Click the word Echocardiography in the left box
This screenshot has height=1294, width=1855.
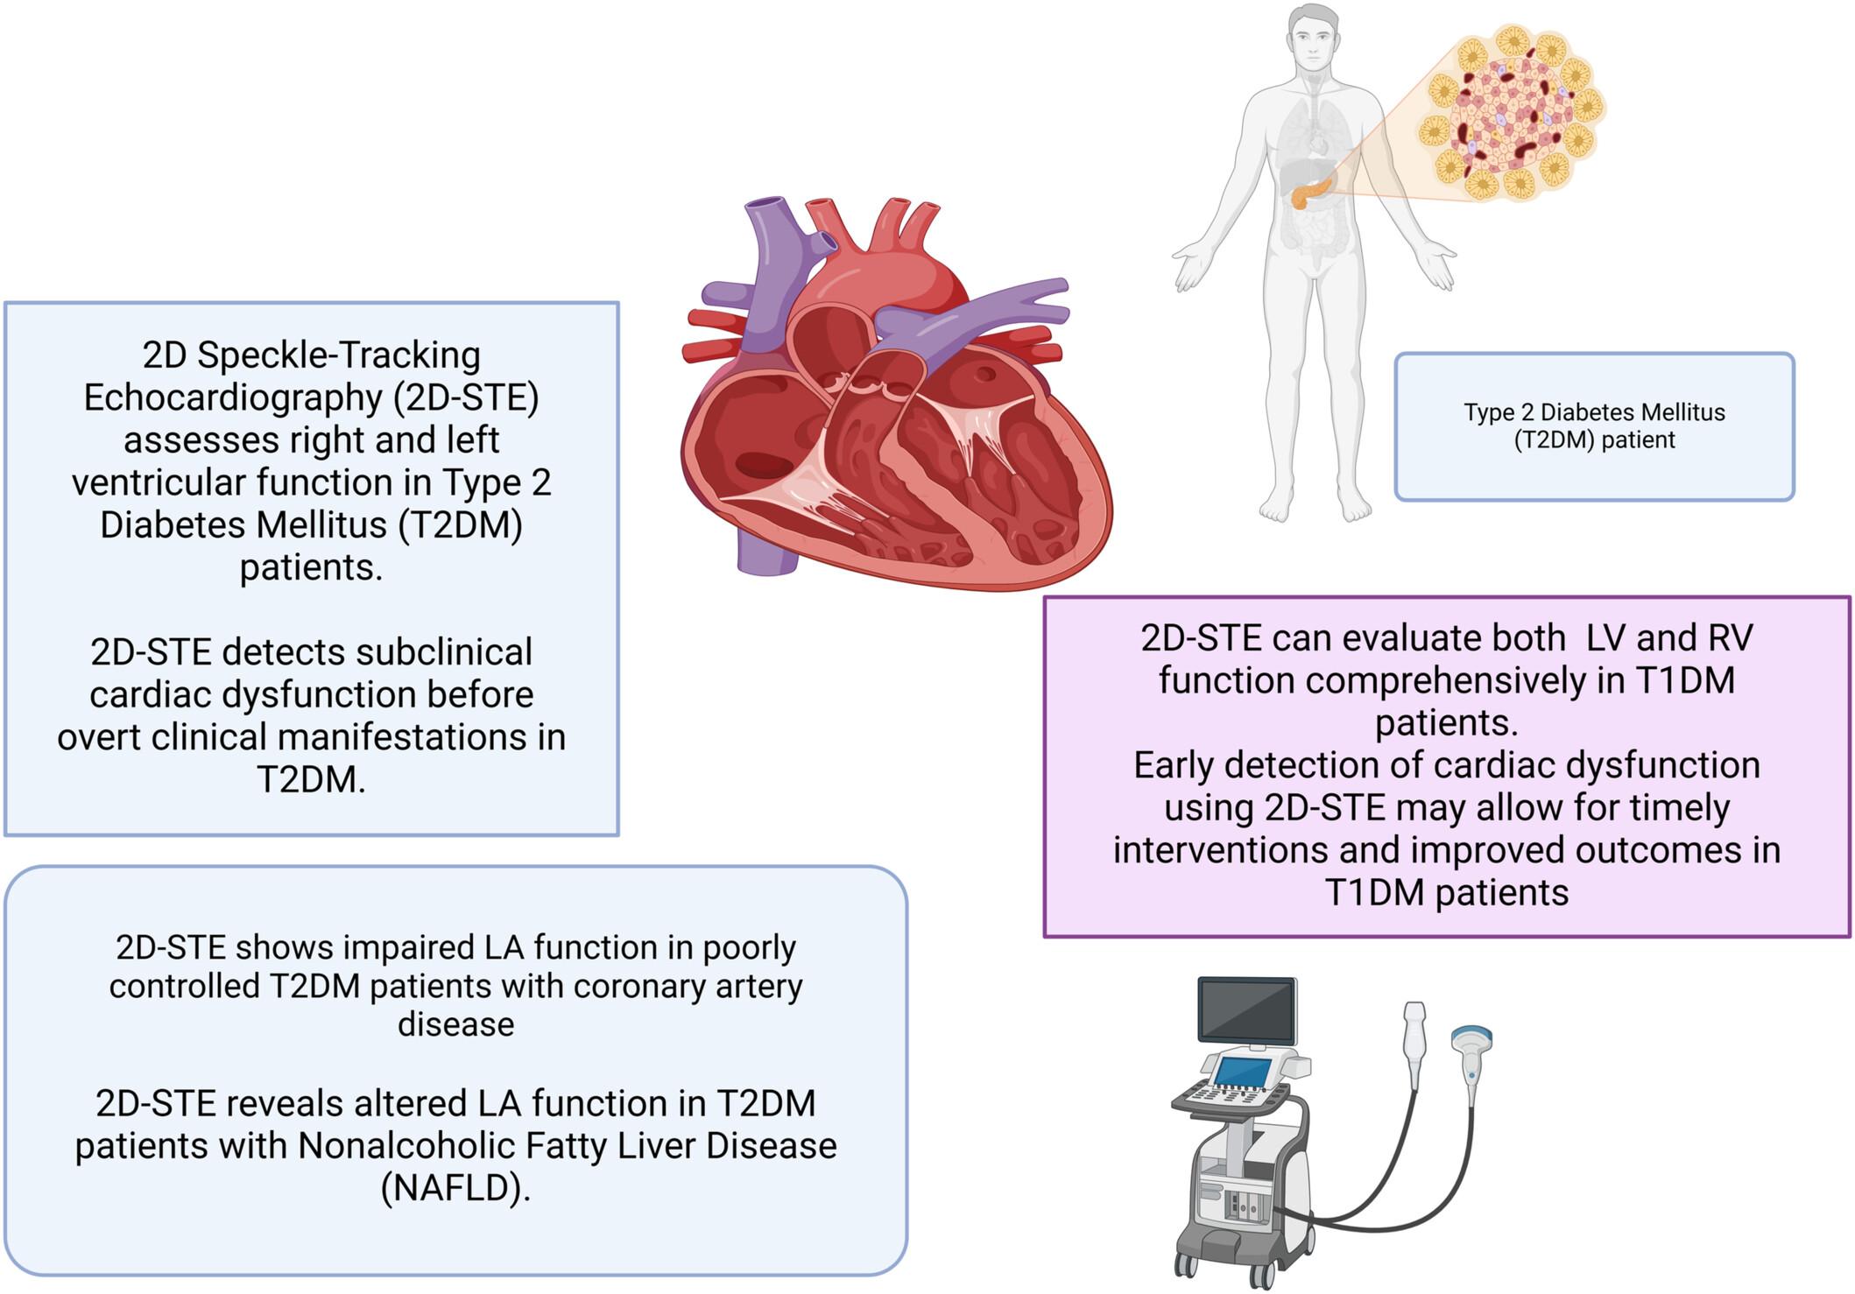(x=231, y=397)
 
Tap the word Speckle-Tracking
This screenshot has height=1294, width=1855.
(x=338, y=355)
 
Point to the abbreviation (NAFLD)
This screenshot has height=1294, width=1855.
(x=455, y=1188)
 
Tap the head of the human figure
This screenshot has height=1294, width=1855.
(x=1314, y=39)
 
